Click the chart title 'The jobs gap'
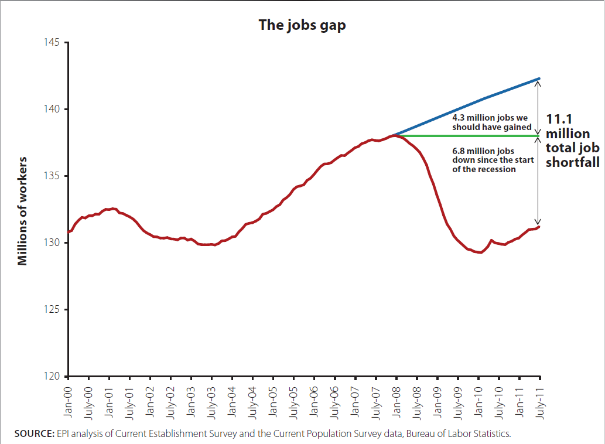(302, 26)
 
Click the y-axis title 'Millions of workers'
(23, 210)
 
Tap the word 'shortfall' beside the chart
(572, 162)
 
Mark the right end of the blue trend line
(539, 78)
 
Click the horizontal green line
(469, 136)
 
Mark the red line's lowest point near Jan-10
(480, 252)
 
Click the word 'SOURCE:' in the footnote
(34, 434)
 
